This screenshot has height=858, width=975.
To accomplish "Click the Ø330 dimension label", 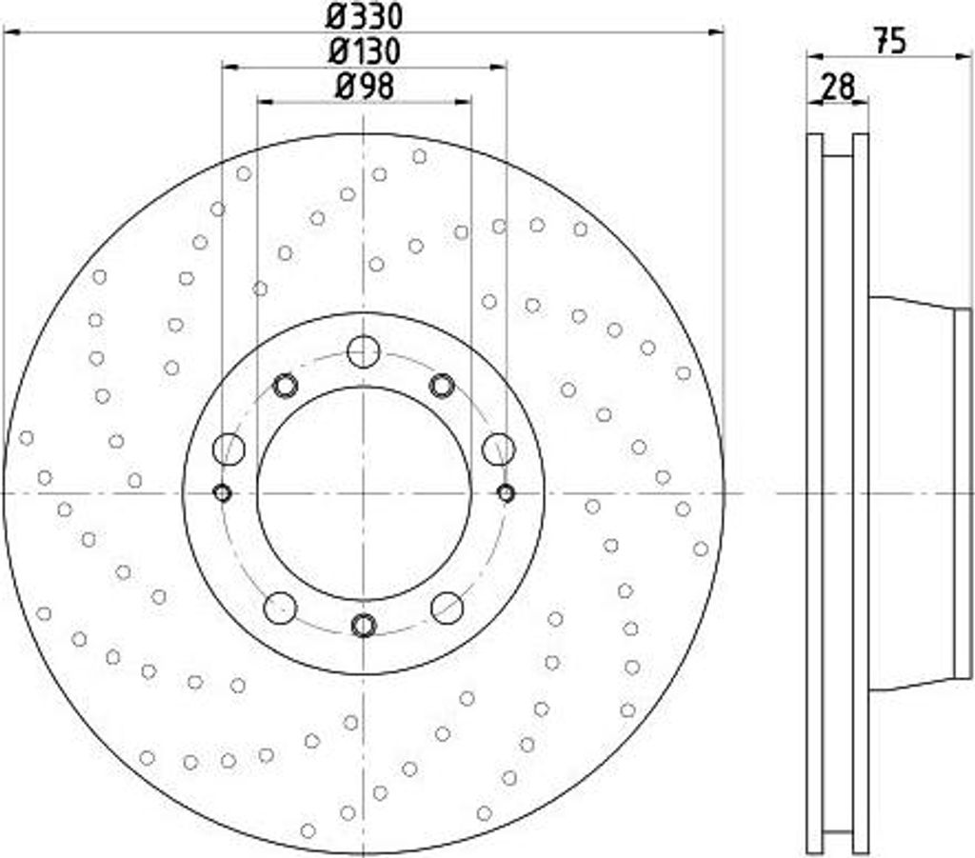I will [365, 16].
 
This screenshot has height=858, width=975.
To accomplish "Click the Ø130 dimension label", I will [365, 50].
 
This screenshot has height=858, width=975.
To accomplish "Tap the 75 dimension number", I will [889, 41].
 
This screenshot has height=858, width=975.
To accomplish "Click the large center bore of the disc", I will [364, 492].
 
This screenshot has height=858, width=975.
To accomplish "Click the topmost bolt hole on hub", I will [364, 351].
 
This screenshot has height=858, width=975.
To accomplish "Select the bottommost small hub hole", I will [364, 625].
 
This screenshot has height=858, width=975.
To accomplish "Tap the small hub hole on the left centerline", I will [222, 492].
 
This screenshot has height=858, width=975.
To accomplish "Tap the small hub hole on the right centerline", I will [506, 492].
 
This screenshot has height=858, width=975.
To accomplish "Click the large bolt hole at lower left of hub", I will [280, 607].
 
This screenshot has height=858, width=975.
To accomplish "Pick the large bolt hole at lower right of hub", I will [447, 607].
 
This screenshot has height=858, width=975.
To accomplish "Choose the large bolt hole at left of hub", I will [229, 449].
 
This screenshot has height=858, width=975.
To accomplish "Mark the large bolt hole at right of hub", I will [499, 449].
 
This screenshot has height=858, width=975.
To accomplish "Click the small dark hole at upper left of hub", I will [286, 386].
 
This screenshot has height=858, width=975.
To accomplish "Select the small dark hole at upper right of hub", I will [442, 386].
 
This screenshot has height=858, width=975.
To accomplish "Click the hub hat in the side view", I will [914, 492].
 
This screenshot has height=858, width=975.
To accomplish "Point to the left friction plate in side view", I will [815, 492].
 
